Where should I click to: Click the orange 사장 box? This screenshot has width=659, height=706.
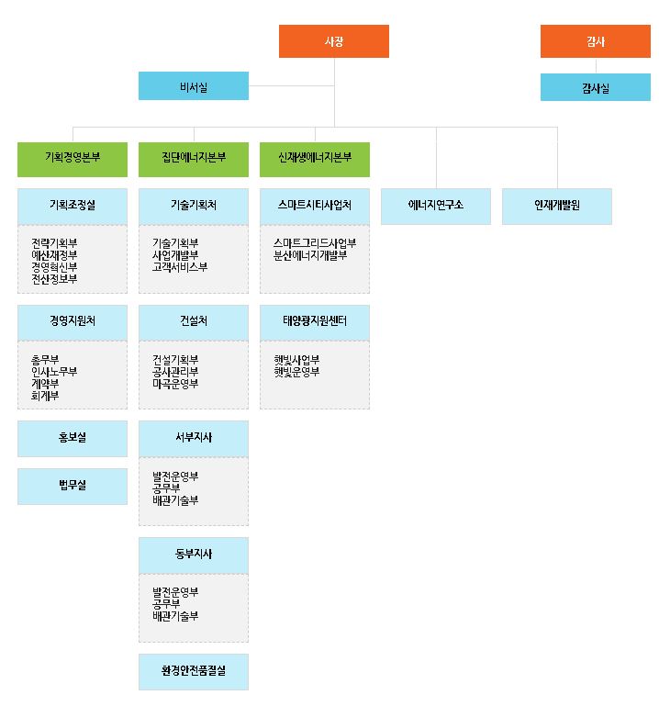334,41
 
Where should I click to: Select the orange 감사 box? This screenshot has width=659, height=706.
595,41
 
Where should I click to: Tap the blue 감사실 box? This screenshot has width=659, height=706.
595,88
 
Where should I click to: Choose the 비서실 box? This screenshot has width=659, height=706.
194,87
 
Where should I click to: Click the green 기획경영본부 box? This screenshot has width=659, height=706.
73,158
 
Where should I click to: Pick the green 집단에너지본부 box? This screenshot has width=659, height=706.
194,158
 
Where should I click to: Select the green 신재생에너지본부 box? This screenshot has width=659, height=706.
315,158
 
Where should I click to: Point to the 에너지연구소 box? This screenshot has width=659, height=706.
436,205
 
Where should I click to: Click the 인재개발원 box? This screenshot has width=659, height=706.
557,205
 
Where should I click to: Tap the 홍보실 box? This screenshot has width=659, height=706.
73,438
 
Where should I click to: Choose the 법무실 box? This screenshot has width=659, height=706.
73,485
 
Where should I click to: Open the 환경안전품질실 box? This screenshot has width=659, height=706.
194,671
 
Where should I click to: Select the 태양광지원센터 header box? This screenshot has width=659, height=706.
315,321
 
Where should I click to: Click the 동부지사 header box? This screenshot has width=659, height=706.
194,555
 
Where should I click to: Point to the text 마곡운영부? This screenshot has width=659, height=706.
175,383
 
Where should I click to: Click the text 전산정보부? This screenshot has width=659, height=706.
54,278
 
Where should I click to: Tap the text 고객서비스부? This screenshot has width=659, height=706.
180,267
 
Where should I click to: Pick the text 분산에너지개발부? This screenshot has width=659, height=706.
310,255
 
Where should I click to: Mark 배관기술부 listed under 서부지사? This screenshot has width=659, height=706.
175,500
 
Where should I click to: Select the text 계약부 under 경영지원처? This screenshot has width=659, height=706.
45,384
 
